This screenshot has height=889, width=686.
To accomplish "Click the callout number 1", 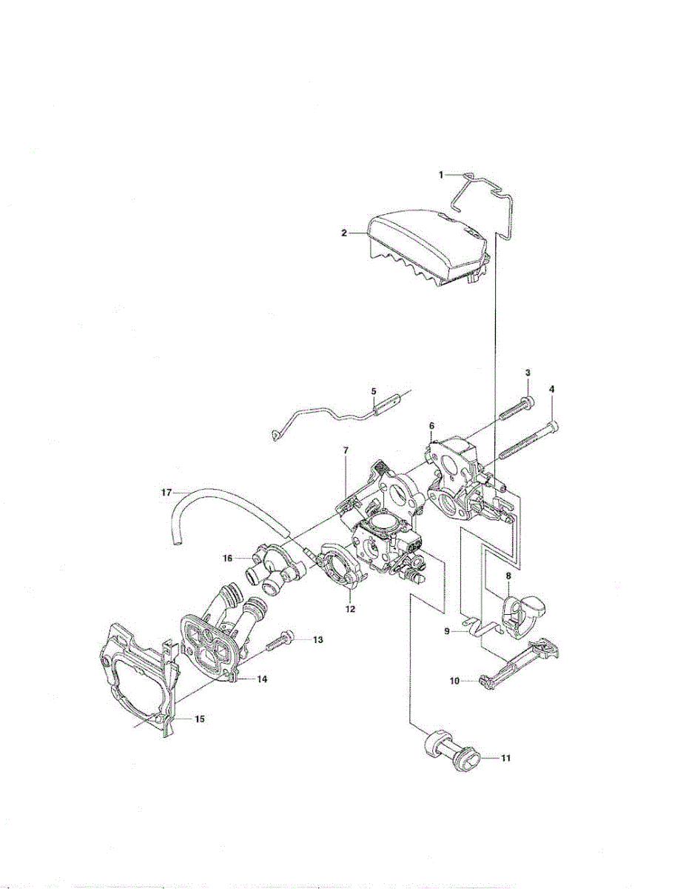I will pos(440,175).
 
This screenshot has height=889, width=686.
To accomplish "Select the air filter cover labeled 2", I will pos(426,244).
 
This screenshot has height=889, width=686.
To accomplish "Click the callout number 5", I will pos(374,390).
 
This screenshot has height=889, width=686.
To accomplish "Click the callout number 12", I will pos(350,609).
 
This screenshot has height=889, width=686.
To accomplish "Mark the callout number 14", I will pos(262,679).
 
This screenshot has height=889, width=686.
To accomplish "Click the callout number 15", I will pos(199,719).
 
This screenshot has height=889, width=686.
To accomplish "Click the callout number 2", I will pos(344,233).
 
